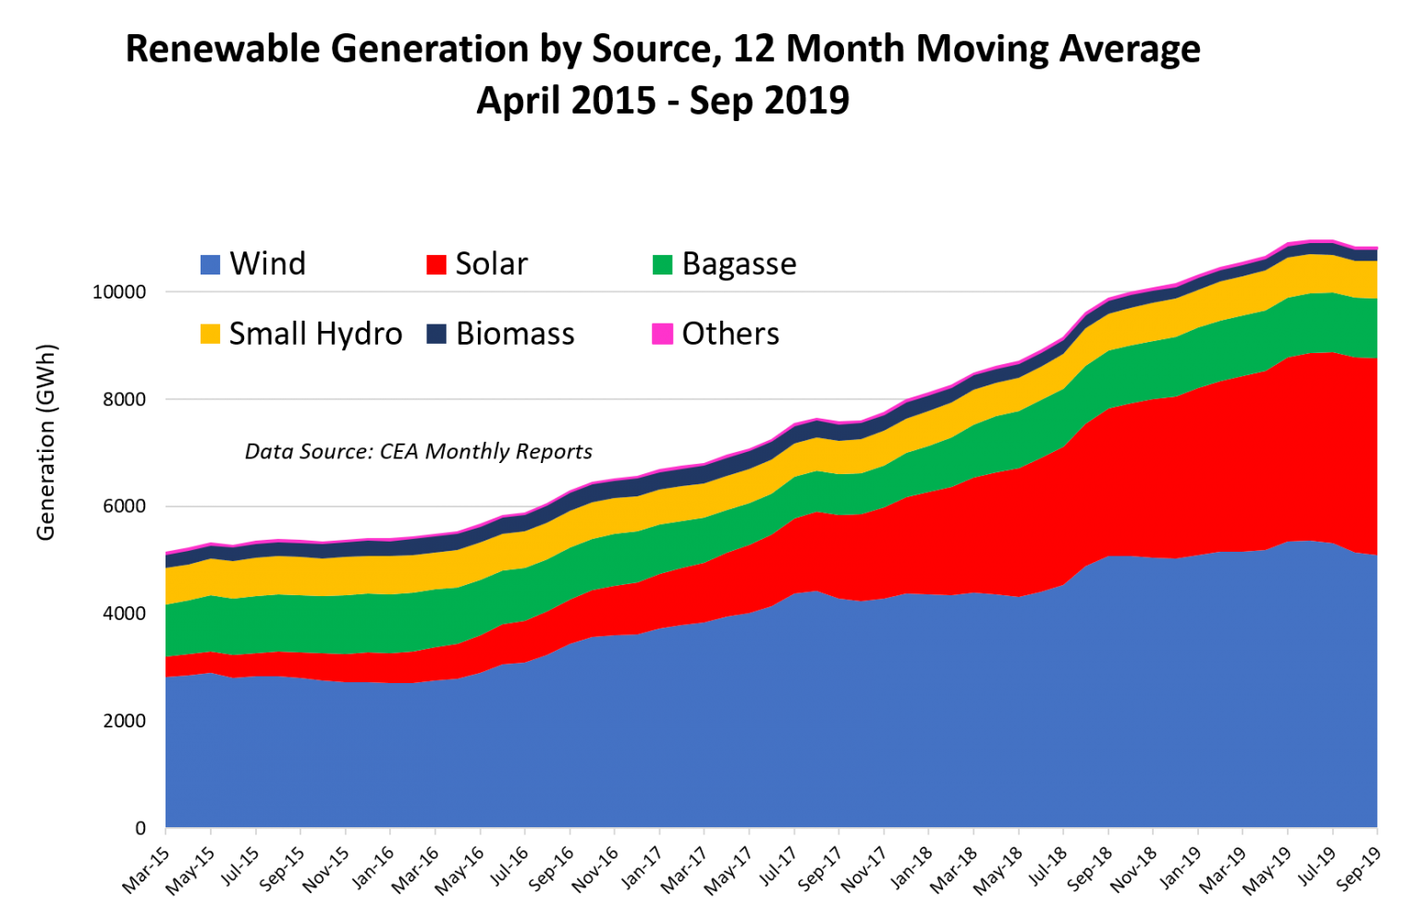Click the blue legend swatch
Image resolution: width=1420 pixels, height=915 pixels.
point(210,265)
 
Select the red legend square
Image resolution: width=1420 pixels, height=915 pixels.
point(436,265)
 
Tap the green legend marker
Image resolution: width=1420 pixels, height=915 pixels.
point(663,265)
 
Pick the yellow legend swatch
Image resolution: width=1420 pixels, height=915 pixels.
point(210,334)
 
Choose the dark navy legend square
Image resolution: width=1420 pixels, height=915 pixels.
point(436,334)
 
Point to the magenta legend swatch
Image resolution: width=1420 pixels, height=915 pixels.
point(663,334)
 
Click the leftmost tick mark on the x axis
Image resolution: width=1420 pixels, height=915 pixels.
point(165,831)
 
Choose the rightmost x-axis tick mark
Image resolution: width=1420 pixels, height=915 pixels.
point(1377,831)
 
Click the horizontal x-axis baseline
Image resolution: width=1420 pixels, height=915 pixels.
point(740,827)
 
